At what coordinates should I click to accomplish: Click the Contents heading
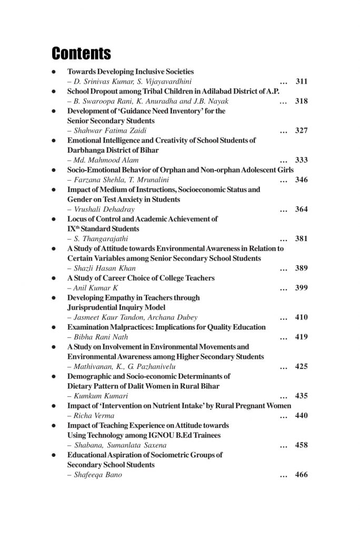click(x=81, y=54)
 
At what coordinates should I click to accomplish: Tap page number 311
click(x=301, y=82)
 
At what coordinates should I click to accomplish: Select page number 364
click(x=301, y=209)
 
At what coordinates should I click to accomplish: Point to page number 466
click(x=301, y=475)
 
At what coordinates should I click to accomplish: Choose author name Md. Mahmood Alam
click(x=98, y=160)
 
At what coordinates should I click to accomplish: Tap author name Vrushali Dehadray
click(x=97, y=209)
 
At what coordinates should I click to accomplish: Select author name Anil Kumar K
click(x=93, y=288)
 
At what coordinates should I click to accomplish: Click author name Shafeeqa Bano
click(x=95, y=475)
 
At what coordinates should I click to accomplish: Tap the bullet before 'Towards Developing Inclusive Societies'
click(x=54, y=72)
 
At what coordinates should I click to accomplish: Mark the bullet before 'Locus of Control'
click(x=54, y=219)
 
